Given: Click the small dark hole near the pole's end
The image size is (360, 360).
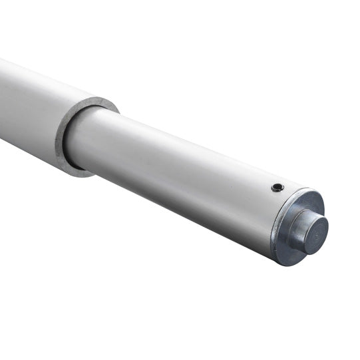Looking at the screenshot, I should (277, 188).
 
